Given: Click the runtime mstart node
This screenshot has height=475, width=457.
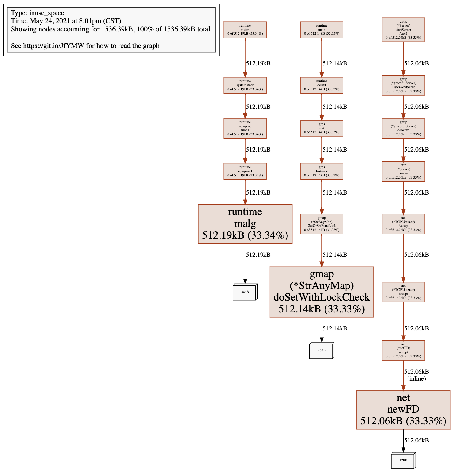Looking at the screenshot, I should coord(245,30).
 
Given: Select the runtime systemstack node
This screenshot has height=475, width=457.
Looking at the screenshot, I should coord(245,85).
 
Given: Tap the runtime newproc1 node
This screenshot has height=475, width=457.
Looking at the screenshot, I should coord(245,171).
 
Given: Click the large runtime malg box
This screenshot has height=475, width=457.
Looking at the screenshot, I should coord(245,224).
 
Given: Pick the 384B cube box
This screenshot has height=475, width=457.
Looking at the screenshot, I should coord(245,292).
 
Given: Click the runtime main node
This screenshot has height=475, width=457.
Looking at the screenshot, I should coord(322,30).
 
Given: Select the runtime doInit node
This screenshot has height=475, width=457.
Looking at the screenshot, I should coord(322,85).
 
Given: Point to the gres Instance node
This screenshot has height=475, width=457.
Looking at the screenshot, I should coord(322,171).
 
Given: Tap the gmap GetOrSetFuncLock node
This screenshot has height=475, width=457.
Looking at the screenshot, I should coord(322,224).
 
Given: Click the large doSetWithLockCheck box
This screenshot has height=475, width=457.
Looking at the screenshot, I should coord(322,292).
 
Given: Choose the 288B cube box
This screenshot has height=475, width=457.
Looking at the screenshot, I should coord(322,350).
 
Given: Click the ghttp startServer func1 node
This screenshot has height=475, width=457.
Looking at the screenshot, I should coord(403,30).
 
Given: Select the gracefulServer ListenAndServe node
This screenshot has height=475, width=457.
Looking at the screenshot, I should coord(403,85).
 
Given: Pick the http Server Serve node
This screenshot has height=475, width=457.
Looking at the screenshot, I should coord(403,171).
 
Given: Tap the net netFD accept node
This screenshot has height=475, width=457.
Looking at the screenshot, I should coord(403,350).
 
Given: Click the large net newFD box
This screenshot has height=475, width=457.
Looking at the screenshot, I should coord(403,410).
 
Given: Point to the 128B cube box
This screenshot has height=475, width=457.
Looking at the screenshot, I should coord(403,460).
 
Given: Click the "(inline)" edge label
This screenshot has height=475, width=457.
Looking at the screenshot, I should coord(416,379).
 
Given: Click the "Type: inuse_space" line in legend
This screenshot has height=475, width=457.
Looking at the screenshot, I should coord(38,13).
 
